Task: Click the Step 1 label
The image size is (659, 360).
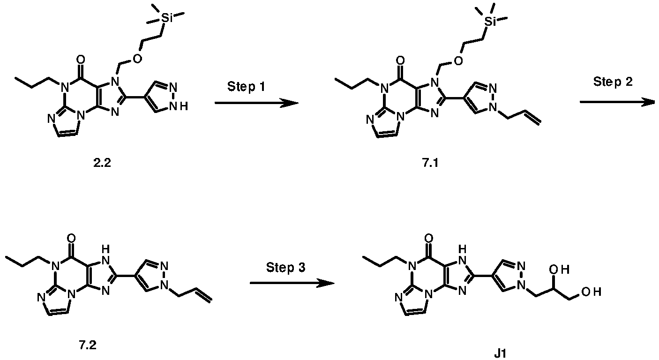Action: pyautogui.click(x=246, y=87)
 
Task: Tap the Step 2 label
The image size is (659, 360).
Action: pyautogui.click(x=613, y=82)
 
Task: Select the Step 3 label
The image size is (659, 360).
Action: pyautogui.click(x=285, y=268)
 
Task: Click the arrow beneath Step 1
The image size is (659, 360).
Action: pyautogui.click(x=256, y=103)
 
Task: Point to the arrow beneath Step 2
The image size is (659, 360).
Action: pyautogui.click(x=617, y=102)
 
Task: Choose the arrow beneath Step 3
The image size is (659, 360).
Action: pyautogui.click(x=292, y=283)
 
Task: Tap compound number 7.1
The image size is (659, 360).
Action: pyautogui.click(x=430, y=163)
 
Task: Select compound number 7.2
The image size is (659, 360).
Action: pyautogui.click(x=88, y=345)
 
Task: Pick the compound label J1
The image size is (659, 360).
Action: pyautogui.click(x=500, y=353)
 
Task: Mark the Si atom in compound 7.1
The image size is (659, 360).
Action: pyautogui.click(x=490, y=22)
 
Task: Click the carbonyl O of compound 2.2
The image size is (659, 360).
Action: pyautogui.click(x=80, y=60)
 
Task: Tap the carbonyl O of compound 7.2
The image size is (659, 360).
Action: pyautogui.click(x=71, y=239)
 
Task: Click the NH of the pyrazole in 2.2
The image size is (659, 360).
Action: pyautogui.click(x=179, y=106)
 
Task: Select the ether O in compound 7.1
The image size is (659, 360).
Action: pyautogui.click(x=458, y=61)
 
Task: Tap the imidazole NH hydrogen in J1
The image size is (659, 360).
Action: pyautogui.click(x=462, y=249)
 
